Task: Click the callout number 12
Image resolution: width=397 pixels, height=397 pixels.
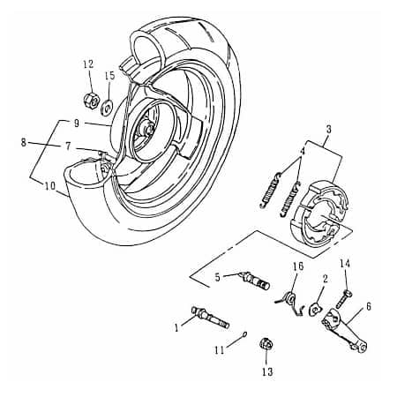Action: [87, 64]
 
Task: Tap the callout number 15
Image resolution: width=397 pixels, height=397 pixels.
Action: [109, 77]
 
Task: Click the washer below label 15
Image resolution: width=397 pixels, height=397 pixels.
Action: [106, 108]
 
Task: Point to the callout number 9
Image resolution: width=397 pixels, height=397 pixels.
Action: [77, 123]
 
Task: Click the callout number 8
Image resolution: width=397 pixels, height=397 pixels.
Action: [24, 141]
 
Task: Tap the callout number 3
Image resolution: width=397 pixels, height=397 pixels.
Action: [328, 129]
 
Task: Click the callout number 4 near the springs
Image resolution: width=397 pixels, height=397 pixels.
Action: [301, 152]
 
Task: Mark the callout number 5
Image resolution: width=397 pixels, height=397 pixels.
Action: [218, 276]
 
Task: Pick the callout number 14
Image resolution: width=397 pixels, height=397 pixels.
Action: [345, 263]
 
